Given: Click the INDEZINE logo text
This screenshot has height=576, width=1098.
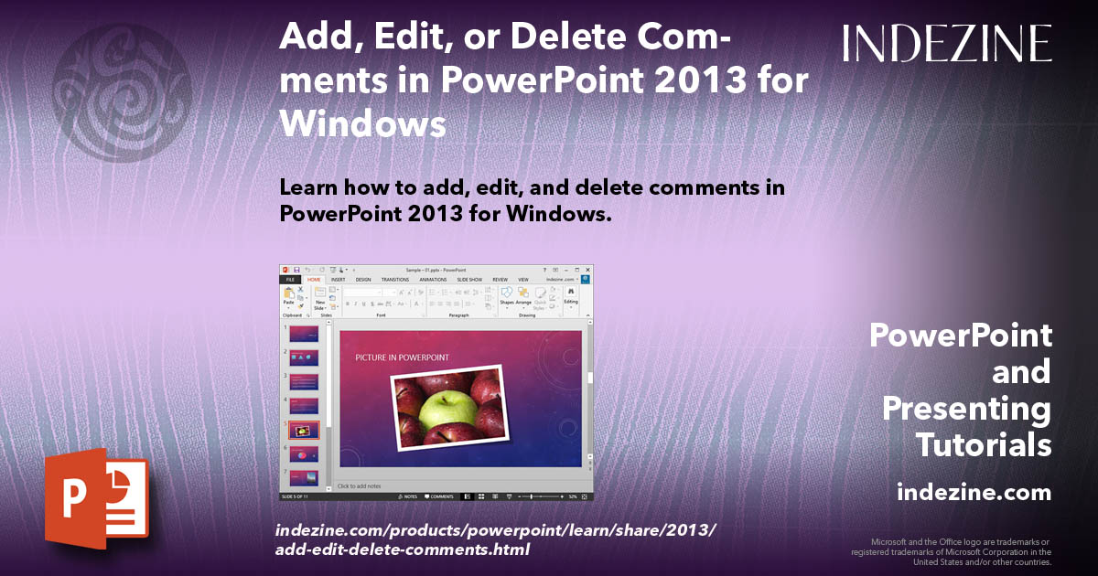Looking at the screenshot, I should click(x=947, y=43).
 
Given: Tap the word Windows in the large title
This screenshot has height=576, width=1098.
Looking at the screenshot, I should click(x=362, y=123).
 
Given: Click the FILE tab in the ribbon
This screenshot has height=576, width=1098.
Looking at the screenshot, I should click(x=290, y=279).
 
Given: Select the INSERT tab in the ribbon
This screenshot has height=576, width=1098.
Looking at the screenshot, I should click(x=338, y=279).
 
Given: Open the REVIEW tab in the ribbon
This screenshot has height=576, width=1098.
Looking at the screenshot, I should click(x=500, y=279).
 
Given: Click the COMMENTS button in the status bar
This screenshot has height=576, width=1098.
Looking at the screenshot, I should click(x=439, y=496).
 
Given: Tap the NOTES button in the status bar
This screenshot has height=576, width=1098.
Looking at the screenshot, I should click(x=408, y=496).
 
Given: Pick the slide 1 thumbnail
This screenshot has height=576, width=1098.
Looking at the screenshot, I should click(x=304, y=335).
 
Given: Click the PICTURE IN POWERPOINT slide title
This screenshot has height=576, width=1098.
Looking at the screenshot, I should click(x=402, y=357).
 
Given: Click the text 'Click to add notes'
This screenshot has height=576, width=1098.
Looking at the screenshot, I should click(x=361, y=485).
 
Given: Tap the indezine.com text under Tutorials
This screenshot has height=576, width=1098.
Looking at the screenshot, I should click(x=974, y=493).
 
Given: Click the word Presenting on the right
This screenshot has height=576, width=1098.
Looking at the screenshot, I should click(x=966, y=409).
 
